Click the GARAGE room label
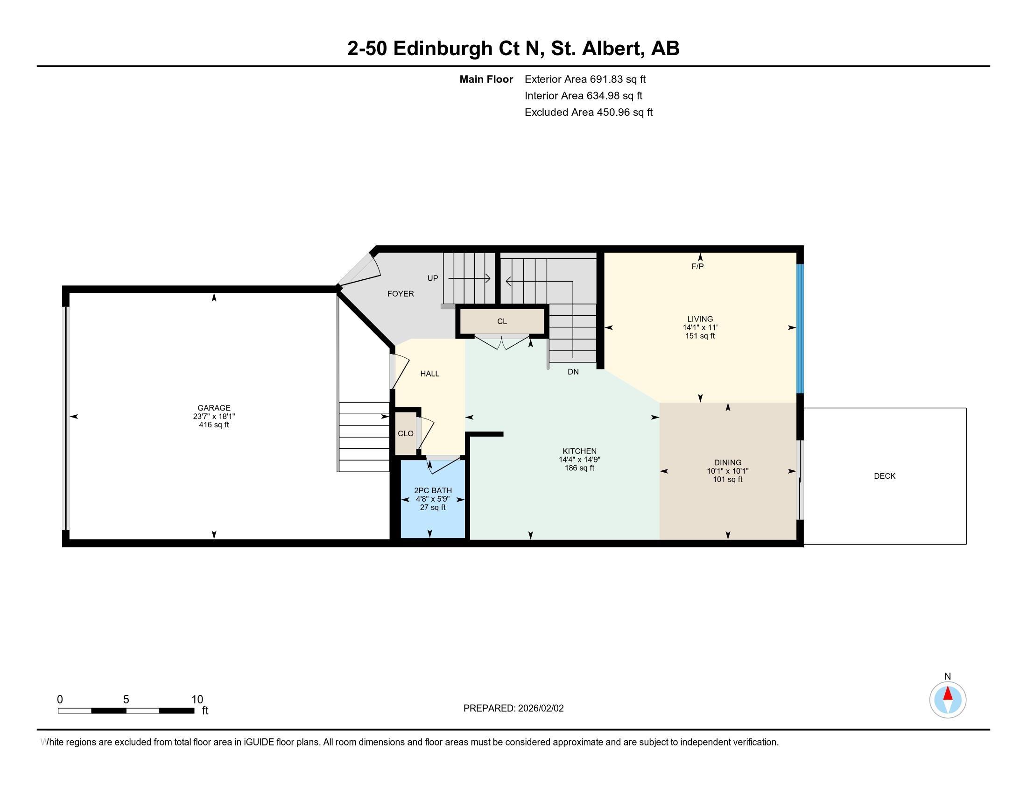coord(214,408)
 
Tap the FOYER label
coord(401,293)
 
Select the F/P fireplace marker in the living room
coord(697,267)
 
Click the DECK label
coord(885,476)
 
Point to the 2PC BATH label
coord(433,490)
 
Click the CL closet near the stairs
coord(502,322)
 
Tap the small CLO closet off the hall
coord(405,434)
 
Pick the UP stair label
coord(433,278)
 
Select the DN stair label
coord(573,372)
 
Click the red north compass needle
coord(948,694)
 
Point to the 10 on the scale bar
coord(197,700)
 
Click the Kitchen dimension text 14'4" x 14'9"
coord(579,460)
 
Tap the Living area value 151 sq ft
coord(700,336)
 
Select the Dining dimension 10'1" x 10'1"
coord(727,471)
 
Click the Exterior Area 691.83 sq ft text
coord(585,79)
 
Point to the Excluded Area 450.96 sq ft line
coord(589,113)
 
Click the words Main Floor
coord(486,79)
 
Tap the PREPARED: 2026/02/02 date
coord(513,709)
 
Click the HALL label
coord(430,374)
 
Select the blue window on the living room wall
coord(800,328)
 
